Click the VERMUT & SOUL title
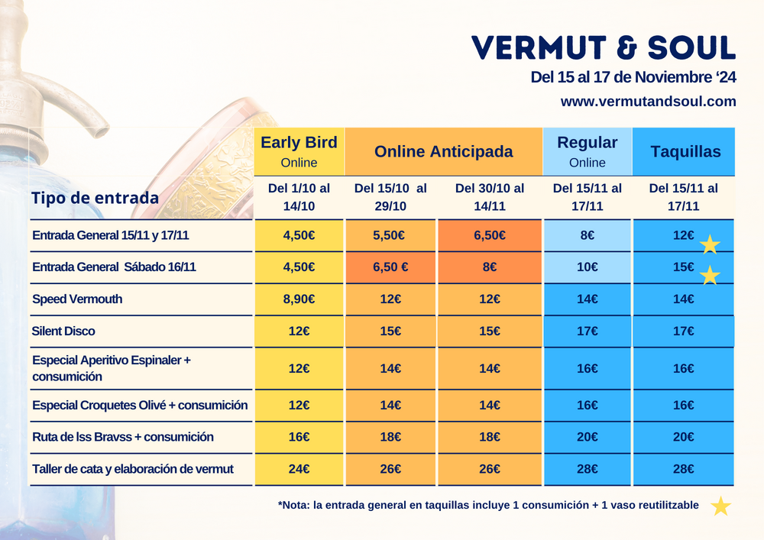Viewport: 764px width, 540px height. click(604, 47)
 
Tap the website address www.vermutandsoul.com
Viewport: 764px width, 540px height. click(648, 101)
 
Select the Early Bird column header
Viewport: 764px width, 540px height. click(299, 151)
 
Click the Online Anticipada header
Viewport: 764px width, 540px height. click(443, 151)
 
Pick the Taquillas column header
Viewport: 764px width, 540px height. click(685, 151)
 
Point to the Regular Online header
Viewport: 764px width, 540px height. click(587, 151)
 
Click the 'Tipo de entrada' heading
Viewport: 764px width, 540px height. click(95, 198)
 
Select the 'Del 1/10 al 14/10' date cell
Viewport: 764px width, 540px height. click(299, 197)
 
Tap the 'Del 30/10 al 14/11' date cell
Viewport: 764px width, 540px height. click(489, 197)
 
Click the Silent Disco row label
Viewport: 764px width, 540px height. click(64, 331)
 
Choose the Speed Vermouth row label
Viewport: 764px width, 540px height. click(77, 299)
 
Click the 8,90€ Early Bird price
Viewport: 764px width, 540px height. click(299, 299)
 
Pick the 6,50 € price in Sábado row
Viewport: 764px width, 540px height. click(391, 267)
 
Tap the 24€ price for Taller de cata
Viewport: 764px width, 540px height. click(299, 469)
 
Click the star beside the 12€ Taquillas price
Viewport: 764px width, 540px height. click(710, 244)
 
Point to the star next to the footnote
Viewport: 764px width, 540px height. click(720, 506)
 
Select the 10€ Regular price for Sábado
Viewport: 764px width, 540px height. click(587, 267)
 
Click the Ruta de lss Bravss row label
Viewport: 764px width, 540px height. click(123, 437)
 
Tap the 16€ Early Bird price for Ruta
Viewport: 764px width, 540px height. click(299, 437)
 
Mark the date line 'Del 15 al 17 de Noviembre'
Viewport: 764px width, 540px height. click(633, 78)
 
